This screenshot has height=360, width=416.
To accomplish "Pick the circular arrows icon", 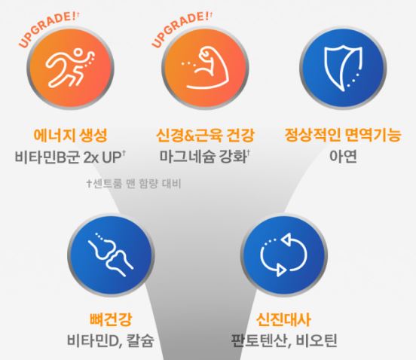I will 280,255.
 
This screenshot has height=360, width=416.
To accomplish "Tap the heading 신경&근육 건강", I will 206,136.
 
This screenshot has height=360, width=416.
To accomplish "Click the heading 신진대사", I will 280,317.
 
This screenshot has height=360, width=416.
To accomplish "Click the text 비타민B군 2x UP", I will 70,158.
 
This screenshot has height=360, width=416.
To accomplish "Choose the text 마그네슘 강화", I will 205,158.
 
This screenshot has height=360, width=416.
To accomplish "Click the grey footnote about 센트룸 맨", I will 133,183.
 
